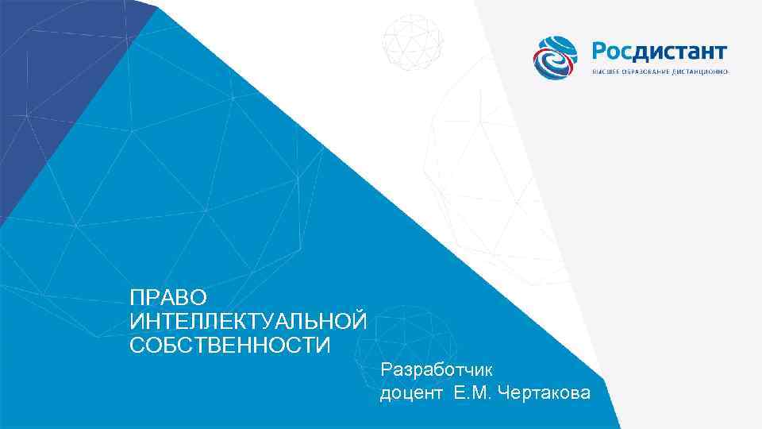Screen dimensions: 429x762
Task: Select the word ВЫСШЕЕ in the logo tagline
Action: pos(606,72)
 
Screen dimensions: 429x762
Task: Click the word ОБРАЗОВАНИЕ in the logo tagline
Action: pos(648,72)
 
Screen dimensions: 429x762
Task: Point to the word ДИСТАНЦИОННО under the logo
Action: pos(701,72)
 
